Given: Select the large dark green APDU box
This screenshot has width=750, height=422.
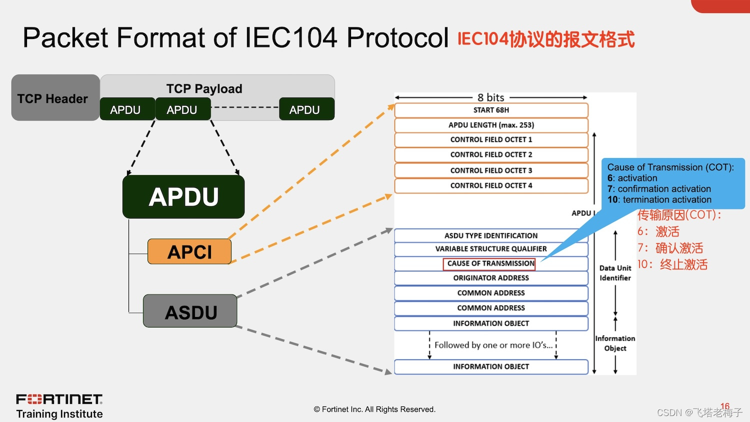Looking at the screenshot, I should [x=183, y=196].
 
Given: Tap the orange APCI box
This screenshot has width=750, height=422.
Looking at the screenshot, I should [x=189, y=251].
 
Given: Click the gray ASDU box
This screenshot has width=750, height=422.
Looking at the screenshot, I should [x=190, y=311].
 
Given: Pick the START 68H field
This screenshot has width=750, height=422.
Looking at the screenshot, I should [x=491, y=110].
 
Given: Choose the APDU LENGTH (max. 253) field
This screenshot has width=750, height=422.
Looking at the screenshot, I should [x=491, y=125].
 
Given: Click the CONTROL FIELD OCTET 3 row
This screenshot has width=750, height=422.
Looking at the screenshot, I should [x=491, y=170].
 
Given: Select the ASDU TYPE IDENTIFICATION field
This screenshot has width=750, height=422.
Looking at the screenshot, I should [x=491, y=235].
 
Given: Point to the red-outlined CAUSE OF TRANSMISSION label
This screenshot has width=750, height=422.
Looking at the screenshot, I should [x=490, y=263].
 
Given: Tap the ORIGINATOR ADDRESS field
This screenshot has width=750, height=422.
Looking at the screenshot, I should [x=491, y=278].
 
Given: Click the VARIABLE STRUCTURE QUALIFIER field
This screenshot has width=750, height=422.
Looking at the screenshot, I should [x=491, y=249].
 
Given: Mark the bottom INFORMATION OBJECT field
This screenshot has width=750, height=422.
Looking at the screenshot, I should [x=491, y=366].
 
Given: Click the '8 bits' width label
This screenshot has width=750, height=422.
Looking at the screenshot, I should [x=490, y=97].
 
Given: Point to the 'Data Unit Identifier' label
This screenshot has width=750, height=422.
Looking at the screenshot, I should [x=615, y=273].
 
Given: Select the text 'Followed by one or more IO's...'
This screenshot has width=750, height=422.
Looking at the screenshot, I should [x=493, y=345].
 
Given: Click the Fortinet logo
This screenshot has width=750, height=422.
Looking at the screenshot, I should [x=59, y=399].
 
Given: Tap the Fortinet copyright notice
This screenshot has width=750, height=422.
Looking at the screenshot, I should [x=374, y=409].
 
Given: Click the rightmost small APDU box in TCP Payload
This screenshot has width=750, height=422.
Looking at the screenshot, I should [x=306, y=109].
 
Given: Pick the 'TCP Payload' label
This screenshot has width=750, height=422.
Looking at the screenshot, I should [x=204, y=88].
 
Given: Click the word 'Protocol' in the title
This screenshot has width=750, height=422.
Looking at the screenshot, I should [x=397, y=37].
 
